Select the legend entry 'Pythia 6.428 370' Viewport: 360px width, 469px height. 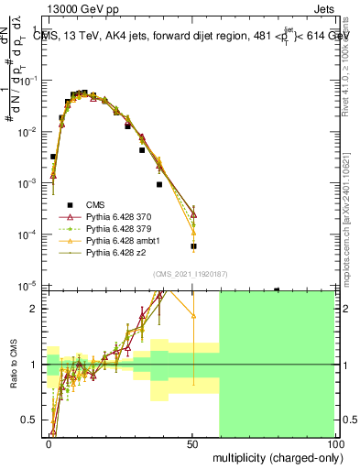point(118,216)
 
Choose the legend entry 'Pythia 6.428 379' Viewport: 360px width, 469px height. point(118,229)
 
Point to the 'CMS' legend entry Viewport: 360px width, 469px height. point(95,203)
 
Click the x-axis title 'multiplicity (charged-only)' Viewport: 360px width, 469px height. point(275,455)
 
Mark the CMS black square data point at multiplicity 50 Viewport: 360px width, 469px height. point(193,246)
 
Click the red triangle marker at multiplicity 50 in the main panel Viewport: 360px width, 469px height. point(193,214)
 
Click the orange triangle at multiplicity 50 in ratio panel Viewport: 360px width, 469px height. point(193,316)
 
